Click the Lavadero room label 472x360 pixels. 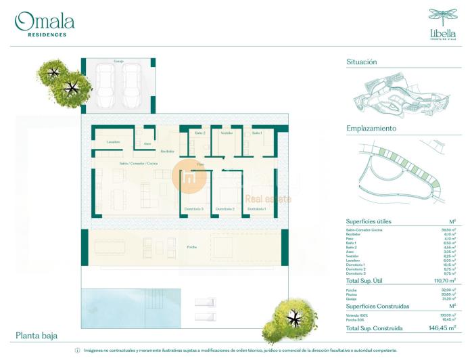pos(114,142)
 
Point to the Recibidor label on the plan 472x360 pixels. pos(167,151)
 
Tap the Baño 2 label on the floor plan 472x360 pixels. pos(199,133)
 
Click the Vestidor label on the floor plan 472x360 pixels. pos(227,133)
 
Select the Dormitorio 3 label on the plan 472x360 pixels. pos(193,209)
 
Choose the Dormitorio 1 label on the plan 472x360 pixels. pos(256,209)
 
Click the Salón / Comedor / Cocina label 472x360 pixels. pos(139,164)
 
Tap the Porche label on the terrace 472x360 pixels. pos(192,248)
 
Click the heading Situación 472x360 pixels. pos(362,62)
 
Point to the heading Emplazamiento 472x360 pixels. pos(371,128)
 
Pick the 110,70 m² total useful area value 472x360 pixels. pos(442,280)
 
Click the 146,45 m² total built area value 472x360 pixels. pos(442,328)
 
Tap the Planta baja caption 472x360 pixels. pos(37,336)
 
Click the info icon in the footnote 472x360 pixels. pos(77,351)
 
